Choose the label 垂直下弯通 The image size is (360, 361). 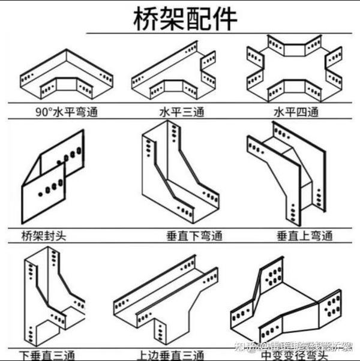[x=193, y=236]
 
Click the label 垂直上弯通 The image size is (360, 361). [x=304, y=236]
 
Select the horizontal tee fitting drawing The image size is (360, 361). [x=174, y=72]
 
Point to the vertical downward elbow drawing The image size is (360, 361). [x=177, y=174]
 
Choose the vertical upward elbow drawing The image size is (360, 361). [x=288, y=174]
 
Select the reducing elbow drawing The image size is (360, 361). [x=285, y=303]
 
